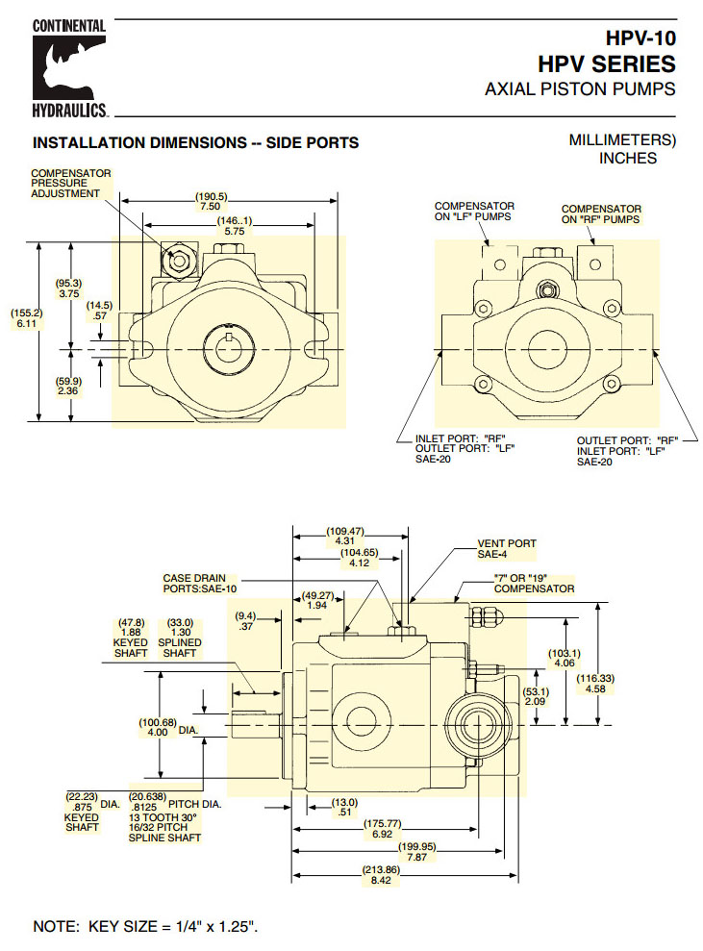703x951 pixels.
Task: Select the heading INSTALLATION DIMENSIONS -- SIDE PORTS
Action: pos(195,143)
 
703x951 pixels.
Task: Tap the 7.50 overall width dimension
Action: pos(212,207)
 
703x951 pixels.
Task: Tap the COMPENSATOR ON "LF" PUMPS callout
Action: pos(474,212)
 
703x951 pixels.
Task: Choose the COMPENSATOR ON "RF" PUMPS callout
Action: pos(601,213)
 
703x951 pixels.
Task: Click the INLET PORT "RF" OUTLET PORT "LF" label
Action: pos(454,449)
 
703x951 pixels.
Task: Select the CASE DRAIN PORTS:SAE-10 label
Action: pos(197,583)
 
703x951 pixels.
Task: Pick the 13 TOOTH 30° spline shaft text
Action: pos(164,816)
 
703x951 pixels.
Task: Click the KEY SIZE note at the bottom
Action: pos(146,926)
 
